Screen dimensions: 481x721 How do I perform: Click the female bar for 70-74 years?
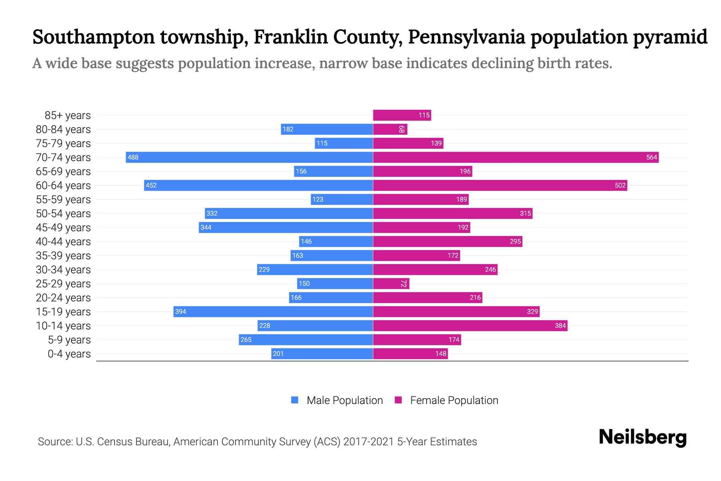pyautogui.click(x=516, y=157)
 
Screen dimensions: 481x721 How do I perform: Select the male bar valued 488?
pyautogui.click(x=249, y=157)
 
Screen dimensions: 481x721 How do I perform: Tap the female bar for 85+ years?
pyautogui.click(x=402, y=115)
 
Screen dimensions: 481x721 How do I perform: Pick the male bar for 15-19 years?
pyautogui.click(x=273, y=311)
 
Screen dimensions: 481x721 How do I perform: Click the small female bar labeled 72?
pyautogui.click(x=391, y=283)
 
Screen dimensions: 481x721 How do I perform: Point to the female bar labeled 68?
pyautogui.click(x=390, y=129)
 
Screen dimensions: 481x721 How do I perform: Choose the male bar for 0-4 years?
pyautogui.click(x=322, y=354)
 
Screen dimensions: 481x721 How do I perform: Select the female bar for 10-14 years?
pyautogui.click(x=470, y=325)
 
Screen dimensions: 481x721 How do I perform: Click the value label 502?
pyautogui.click(x=620, y=185)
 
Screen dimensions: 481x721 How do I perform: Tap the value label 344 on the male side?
pyautogui.click(x=206, y=227)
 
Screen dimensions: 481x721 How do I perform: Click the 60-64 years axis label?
pyautogui.click(x=63, y=186)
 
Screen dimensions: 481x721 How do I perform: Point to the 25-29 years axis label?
pyautogui.click(x=63, y=284)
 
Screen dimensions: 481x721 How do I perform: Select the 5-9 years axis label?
pyautogui.click(x=69, y=340)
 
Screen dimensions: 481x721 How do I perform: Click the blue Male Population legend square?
pyautogui.click(x=295, y=400)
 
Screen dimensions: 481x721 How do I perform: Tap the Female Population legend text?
pyautogui.click(x=454, y=400)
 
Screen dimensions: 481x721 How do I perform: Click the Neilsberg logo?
pyautogui.click(x=642, y=437)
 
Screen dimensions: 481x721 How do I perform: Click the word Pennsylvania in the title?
pyautogui.click(x=466, y=37)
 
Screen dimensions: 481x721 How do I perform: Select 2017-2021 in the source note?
pyautogui.click(x=369, y=442)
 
